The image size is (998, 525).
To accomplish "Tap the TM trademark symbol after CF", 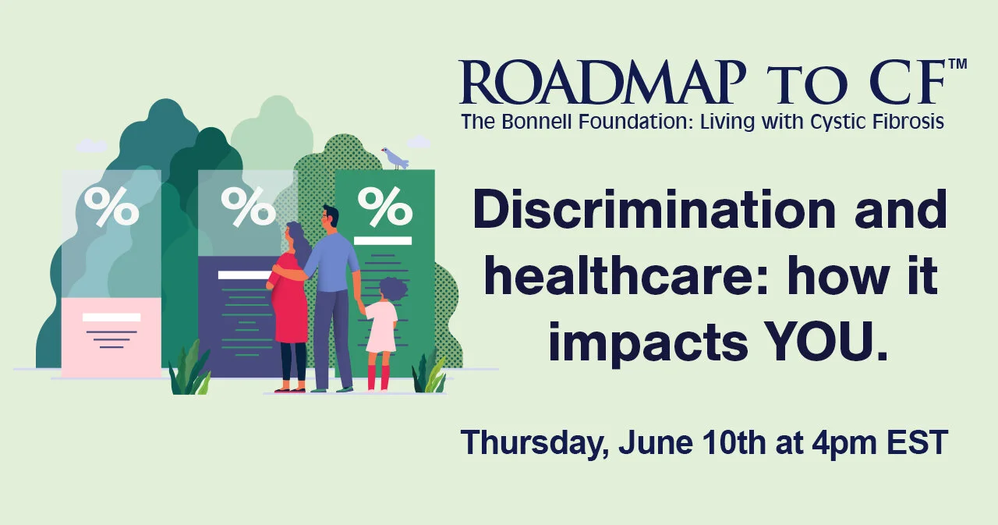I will (x=957, y=65).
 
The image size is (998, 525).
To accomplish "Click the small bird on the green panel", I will (x=395, y=158).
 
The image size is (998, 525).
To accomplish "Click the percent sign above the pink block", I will (x=111, y=206).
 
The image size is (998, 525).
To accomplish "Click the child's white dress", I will (x=381, y=327).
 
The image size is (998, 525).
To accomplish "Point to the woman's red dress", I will (x=290, y=304).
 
